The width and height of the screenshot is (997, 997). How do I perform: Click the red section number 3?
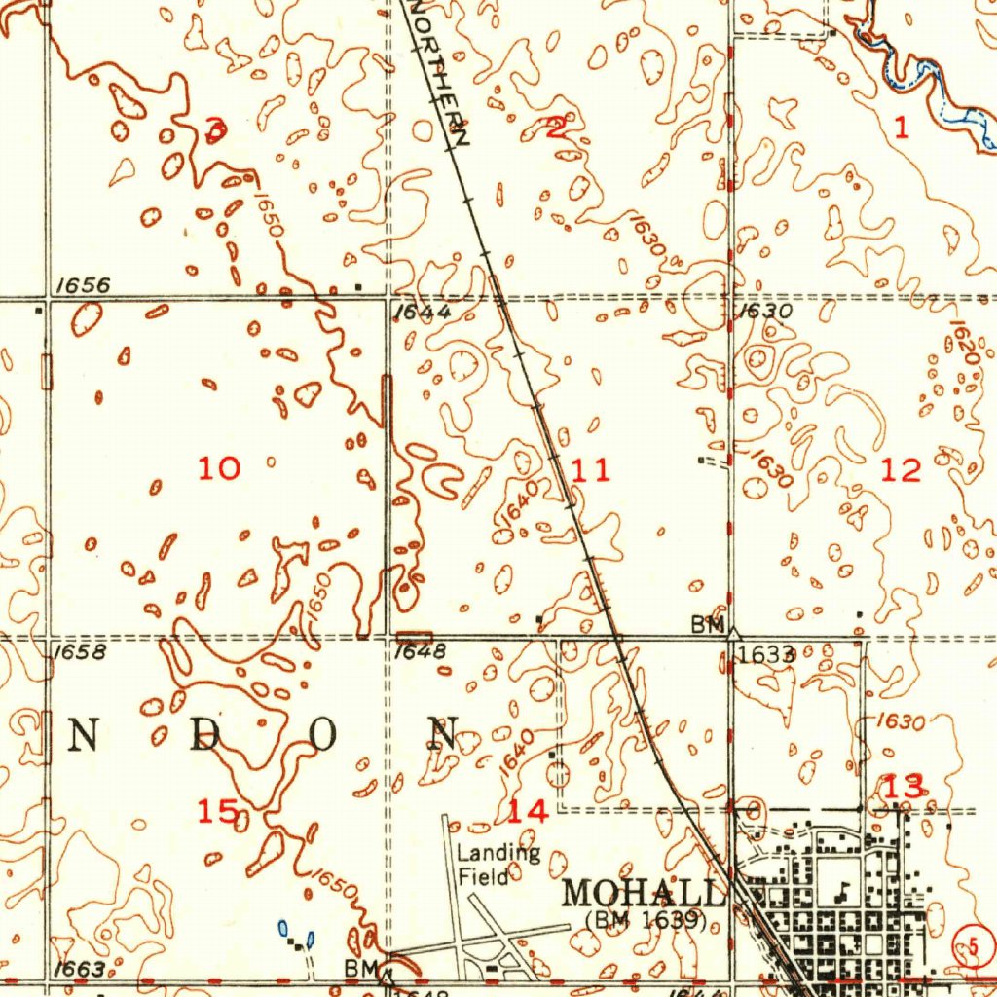(216, 128)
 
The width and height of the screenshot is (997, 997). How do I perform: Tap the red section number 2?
(556, 128)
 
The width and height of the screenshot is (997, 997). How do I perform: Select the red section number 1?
(902, 128)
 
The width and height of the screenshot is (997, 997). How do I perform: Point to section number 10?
(219, 469)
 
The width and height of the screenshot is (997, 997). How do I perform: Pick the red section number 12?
(901, 471)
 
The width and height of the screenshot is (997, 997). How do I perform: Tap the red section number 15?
(217, 810)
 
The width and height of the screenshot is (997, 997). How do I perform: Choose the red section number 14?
(528, 810)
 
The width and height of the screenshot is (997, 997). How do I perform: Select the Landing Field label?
(498, 865)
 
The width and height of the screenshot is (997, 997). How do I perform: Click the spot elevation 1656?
(83, 285)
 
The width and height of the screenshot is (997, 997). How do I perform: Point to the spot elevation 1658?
(81, 652)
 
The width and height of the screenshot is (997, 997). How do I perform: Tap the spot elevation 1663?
(80, 970)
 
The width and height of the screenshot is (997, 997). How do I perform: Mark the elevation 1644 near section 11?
(423, 313)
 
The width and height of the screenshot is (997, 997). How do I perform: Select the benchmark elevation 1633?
(765, 655)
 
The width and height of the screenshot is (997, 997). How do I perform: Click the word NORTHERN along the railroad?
(438, 73)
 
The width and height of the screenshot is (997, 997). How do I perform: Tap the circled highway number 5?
(966, 943)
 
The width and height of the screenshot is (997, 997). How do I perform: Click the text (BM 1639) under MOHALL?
(646, 918)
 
